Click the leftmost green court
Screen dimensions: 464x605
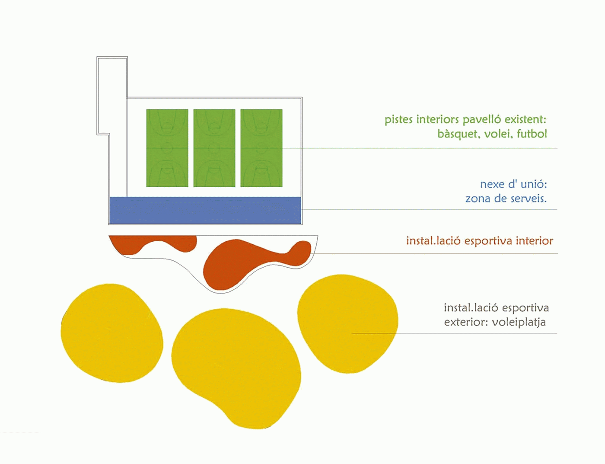click(x=167, y=148)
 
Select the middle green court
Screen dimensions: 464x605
click(x=214, y=148)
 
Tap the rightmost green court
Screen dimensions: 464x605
click(x=261, y=148)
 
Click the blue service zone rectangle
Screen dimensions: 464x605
click(x=205, y=210)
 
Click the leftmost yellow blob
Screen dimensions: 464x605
click(x=111, y=333)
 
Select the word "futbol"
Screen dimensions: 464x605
click(x=532, y=134)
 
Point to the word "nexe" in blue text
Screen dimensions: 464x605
click(x=492, y=184)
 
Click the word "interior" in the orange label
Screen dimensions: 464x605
click(x=534, y=241)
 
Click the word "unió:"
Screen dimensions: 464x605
click(x=534, y=184)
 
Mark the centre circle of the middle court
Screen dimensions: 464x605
click(x=214, y=148)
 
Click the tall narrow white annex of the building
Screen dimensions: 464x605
click(x=112, y=95)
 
